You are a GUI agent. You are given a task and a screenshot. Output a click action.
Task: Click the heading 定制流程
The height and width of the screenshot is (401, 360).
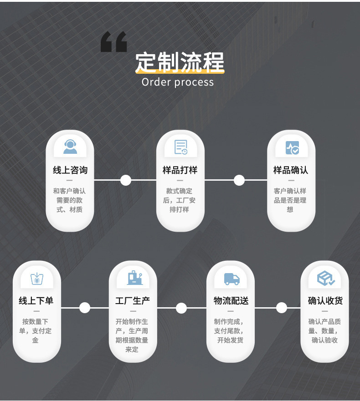[180, 62]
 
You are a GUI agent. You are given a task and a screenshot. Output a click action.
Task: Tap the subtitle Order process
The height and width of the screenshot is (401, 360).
[177, 82]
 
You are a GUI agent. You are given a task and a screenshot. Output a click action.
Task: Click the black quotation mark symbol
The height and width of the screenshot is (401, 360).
[113, 42]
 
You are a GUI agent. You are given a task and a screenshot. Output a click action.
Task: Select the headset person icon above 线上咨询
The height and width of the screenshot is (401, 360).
[70, 147]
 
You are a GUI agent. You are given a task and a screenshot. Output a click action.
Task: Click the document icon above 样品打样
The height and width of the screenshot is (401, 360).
[181, 147]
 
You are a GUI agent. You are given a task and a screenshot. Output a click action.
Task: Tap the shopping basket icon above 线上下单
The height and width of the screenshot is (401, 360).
[36, 278]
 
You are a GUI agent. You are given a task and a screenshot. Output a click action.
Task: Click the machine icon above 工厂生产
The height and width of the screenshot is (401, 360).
[133, 278]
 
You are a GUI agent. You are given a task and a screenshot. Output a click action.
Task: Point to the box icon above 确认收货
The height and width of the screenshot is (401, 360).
[325, 278]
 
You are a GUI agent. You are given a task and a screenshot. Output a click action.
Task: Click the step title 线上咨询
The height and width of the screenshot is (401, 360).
[70, 170]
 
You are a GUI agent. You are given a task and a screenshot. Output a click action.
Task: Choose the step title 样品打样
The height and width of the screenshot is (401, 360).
[180, 170]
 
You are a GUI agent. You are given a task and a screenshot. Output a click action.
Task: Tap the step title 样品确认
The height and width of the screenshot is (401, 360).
[291, 170]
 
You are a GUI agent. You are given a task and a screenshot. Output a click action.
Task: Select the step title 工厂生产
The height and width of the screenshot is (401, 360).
[133, 301]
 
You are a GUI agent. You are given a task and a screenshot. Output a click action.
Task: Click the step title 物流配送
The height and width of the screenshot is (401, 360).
[231, 301]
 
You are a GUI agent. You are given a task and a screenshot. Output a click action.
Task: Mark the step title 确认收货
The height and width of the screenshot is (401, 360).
[325, 301]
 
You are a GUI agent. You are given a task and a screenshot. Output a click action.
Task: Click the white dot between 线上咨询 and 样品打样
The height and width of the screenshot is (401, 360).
[126, 180]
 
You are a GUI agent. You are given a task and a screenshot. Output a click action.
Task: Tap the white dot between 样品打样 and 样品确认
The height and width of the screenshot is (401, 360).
[239, 180]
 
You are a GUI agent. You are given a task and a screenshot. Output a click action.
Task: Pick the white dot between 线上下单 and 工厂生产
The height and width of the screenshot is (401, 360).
[85, 308]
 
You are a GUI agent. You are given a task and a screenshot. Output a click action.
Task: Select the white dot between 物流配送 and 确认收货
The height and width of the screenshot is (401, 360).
[282, 308]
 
